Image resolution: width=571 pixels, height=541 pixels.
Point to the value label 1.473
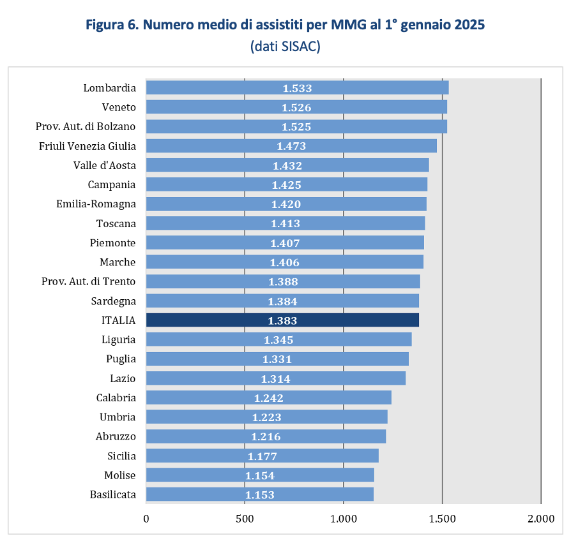coord(291,146)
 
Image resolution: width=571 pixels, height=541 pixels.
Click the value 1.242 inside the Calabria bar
coord(268,397)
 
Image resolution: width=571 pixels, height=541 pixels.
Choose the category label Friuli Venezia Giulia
coord(88,146)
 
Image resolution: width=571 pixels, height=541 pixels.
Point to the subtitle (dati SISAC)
coord(285,47)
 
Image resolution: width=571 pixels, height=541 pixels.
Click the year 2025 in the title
coord(469,26)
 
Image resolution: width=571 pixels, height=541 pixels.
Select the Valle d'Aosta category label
coord(105,165)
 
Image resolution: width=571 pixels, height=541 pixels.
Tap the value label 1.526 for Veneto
coord(296,107)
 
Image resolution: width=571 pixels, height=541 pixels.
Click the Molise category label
coord(120,475)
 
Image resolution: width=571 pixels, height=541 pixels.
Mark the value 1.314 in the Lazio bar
coord(275,378)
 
